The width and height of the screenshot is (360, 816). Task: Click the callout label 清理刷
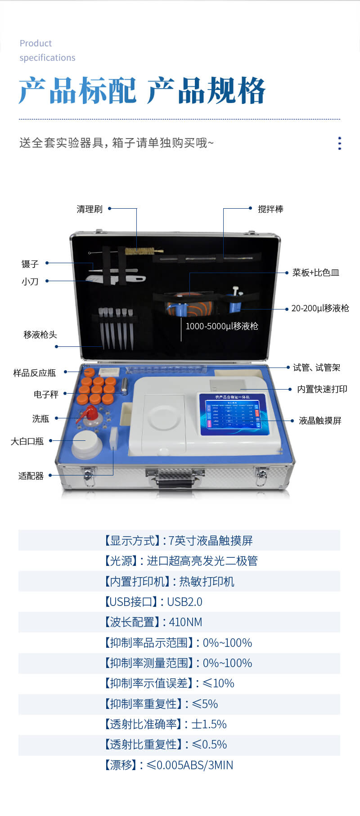pos(89,209)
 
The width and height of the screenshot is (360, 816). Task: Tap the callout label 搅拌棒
pos(270,209)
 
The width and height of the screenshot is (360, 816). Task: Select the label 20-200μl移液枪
pos(320,309)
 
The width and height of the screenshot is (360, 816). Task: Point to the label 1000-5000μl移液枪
pos(222,327)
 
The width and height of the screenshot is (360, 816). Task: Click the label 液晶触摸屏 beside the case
pos(320,421)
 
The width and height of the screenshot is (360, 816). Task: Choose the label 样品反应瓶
pos(34,373)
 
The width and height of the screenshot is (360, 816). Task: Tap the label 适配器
pos(31,476)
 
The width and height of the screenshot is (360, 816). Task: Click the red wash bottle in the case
pos(90,414)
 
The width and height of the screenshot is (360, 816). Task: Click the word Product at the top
pos(36,43)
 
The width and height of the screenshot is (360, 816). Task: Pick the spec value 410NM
pos(185,622)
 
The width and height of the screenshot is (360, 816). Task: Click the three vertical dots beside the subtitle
pos(339,143)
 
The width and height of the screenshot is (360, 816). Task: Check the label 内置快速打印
pos(322,389)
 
